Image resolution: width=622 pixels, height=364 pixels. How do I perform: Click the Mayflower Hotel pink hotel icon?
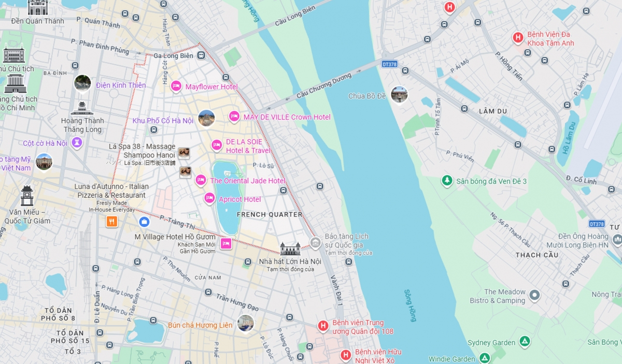pos(176,86)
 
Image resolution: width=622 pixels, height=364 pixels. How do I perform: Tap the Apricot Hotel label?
pos(239,199)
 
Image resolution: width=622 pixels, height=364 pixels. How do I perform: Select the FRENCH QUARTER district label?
pos(269,214)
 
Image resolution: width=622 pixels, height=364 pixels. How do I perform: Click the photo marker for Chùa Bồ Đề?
pos(399,95)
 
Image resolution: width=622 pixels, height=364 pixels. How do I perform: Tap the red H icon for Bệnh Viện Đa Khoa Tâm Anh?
pos(517,38)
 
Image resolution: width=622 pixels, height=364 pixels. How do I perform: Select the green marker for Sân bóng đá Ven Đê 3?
pos(447,181)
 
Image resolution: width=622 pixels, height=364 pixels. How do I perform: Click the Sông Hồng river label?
pos(409,305)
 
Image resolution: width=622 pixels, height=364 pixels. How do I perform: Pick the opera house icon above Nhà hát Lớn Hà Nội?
pos(290,249)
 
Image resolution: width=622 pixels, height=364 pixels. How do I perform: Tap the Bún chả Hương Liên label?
pos(200,325)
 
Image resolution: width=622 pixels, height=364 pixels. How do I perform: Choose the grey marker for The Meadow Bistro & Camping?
pos(534,296)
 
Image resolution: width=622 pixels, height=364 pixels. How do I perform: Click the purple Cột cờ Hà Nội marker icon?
pos(77,142)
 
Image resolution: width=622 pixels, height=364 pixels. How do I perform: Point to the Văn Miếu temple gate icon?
pos(27,196)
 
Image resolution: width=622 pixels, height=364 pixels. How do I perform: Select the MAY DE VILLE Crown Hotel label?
pos(287,117)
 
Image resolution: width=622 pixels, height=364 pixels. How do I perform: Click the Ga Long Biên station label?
pos(173,56)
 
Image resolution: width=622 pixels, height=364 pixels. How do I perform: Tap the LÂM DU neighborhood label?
pos(493,111)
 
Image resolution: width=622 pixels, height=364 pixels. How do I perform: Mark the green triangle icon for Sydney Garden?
pos(525,342)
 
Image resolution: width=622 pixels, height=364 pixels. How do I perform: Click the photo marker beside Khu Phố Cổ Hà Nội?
pos(206,118)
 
